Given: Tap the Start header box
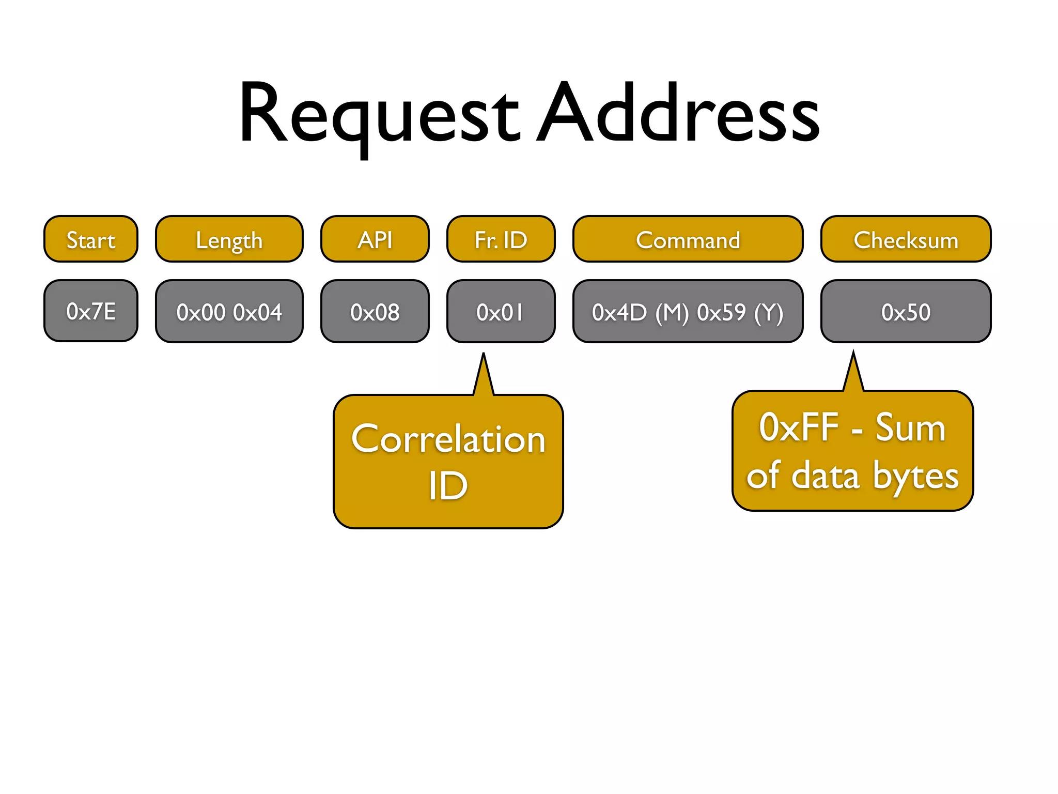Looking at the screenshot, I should (x=91, y=240).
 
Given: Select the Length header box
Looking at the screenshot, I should (x=229, y=240).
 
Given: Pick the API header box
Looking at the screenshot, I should (x=375, y=240).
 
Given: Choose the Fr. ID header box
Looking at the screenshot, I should (x=501, y=240).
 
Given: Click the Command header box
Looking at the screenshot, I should (x=688, y=240).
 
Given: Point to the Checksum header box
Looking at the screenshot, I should (x=906, y=240).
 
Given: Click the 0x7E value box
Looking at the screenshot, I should (x=91, y=311).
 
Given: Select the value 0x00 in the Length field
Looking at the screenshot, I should (x=201, y=312).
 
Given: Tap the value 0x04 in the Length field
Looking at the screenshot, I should (x=258, y=312).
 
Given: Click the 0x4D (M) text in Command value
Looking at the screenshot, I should (x=640, y=312).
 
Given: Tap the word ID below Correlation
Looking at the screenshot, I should (x=448, y=486).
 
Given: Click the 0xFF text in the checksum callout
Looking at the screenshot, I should (x=799, y=428).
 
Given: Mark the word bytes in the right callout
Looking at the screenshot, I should (x=915, y=476).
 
